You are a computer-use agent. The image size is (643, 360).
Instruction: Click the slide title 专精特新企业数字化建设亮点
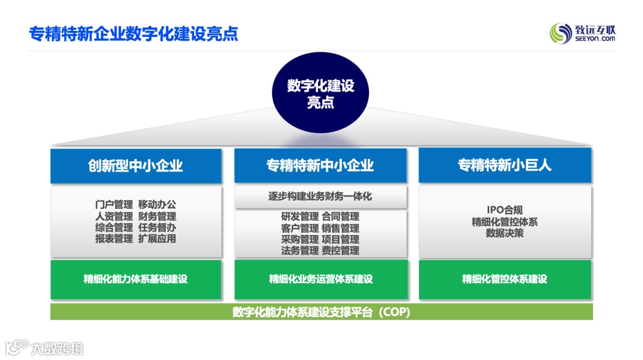pos(133,33)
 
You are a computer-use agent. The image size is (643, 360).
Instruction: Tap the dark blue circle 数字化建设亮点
pos(320,93)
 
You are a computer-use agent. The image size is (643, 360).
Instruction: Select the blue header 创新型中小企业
pos(136,165)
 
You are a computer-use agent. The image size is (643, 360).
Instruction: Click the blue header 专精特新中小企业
pos(320,165)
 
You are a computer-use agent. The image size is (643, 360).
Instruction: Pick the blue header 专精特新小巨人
pos(505,165)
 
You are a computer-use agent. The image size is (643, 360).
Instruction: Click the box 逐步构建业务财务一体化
pos(320,196)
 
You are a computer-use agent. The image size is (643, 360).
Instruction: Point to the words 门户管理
pos(114,205)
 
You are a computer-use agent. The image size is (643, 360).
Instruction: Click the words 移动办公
pos(157,205)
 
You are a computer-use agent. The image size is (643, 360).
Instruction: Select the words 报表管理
pos(114,239)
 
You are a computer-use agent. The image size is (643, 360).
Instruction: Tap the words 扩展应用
pos(157,239)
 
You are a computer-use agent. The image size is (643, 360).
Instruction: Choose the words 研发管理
pos(299,217)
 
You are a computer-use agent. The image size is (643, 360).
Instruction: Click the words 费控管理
pos(341,251)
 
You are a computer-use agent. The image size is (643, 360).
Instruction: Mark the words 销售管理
pos(341,228)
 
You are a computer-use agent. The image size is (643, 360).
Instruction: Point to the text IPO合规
pos(504,210)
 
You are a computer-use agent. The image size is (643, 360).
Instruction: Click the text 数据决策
pos(504,233)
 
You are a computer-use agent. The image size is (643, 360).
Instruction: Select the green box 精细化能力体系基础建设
pos(136,279)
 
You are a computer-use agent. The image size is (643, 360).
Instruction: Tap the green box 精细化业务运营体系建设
pos(320,279)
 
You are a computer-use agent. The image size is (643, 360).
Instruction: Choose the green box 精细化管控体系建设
pos(505,279)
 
